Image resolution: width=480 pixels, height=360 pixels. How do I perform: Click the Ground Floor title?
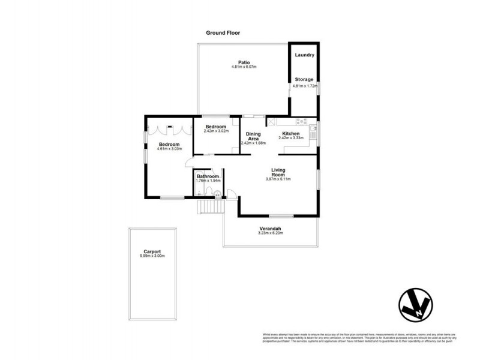[223, 33]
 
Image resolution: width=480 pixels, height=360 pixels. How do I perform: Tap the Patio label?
[243, 62]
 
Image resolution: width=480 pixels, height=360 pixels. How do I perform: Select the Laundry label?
[304, 55]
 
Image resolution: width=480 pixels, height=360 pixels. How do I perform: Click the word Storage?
[304, 79]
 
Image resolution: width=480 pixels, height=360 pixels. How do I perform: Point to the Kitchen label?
[291, 133]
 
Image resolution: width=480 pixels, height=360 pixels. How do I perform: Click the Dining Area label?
[253, 136]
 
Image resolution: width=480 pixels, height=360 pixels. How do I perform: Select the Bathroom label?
[208, 176]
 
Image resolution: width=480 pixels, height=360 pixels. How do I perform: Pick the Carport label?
[152, 251]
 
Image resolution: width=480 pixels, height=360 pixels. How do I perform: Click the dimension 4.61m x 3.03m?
[169, 149]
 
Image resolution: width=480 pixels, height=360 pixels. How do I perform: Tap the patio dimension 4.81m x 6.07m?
[244, 67]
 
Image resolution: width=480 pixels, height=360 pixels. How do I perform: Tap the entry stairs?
[211, 206]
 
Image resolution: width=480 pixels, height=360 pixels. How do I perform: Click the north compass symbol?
[416, 307]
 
